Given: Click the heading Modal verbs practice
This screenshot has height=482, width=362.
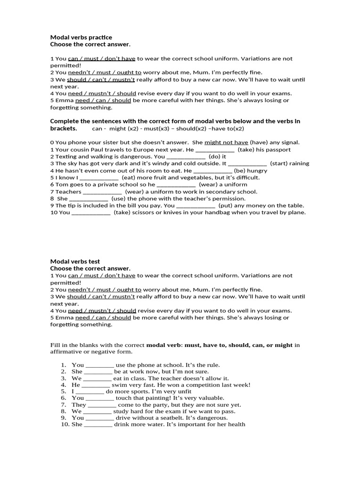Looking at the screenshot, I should [x=81, y=37].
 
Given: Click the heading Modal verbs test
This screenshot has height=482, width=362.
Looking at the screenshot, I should [x=75, y=261].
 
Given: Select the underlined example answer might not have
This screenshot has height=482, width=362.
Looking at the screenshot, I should [x=226, y=142].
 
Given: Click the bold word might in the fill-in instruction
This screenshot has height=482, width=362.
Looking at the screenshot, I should [x=283, y=345].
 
